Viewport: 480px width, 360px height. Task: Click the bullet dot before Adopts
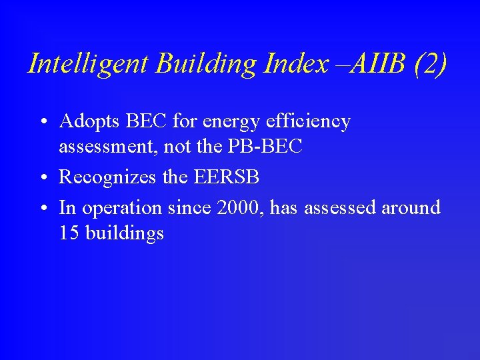(42, 123)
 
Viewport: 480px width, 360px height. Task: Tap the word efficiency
(307, 122)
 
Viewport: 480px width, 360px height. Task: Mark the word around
(411, 207)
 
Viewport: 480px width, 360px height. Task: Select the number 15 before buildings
(68, 233)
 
